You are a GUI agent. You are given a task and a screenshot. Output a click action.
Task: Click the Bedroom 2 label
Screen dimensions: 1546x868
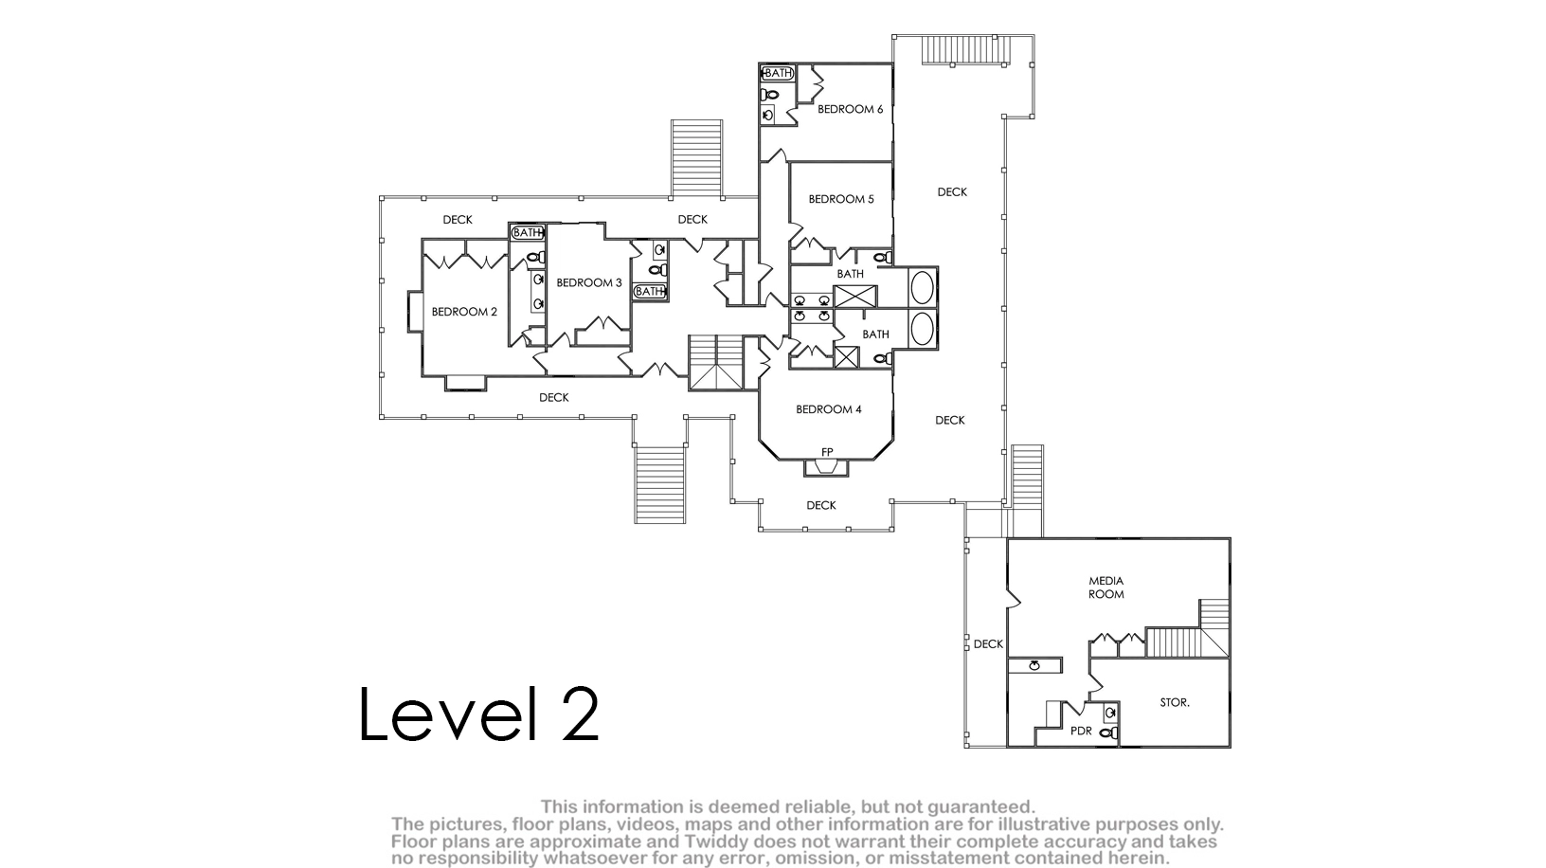(464, 312)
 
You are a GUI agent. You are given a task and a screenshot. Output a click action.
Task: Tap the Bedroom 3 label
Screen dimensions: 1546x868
(588, 282)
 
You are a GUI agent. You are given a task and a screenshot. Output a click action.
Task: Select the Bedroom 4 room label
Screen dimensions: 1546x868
(828, 409)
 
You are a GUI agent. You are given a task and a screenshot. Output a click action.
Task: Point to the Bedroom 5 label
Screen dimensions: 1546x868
(840, 199)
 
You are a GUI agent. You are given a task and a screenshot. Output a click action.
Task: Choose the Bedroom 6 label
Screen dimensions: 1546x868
(850, 109)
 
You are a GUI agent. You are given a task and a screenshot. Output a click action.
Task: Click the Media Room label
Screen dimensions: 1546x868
(1106, 588)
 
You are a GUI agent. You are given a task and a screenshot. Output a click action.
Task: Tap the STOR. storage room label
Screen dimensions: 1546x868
(1174, 703)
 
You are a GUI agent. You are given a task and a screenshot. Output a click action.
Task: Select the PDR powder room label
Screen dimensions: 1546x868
(1081, 731)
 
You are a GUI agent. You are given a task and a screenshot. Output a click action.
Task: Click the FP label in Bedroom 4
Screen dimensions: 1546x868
(827, 452)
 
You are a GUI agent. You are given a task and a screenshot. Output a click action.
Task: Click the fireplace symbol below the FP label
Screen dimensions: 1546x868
(826, 468)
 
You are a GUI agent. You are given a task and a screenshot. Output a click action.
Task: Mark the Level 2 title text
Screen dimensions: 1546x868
(478, 714)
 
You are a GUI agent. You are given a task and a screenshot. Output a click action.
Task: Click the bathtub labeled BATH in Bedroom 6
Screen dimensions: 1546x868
(777, 73)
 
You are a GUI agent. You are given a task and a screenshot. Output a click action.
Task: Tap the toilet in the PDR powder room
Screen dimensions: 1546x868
(1108, 732)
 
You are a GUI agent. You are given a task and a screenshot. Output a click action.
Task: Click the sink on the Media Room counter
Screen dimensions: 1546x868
(1034, 665)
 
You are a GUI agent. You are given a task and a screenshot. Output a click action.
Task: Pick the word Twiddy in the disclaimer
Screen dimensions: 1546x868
(725, 841)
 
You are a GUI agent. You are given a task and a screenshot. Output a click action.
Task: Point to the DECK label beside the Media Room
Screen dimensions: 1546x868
(988, 644)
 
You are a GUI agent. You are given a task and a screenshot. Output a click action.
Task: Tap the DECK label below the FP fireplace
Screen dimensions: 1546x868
(820, 505)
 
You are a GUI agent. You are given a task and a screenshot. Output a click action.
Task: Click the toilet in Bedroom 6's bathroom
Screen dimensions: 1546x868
(770, 95)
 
